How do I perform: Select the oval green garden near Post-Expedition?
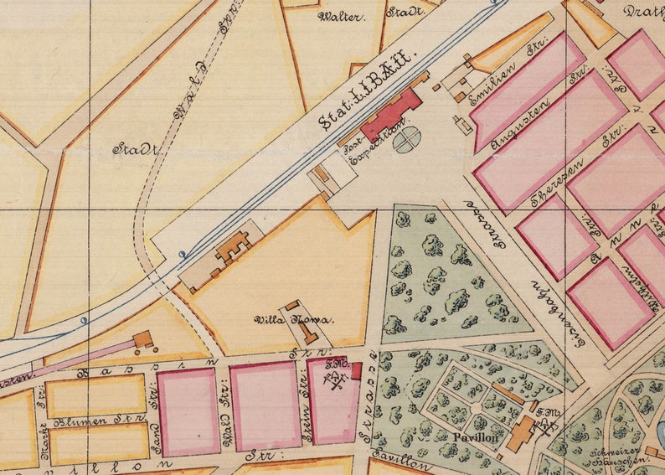405,141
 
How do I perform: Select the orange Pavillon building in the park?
522,432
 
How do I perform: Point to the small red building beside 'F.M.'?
356,370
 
